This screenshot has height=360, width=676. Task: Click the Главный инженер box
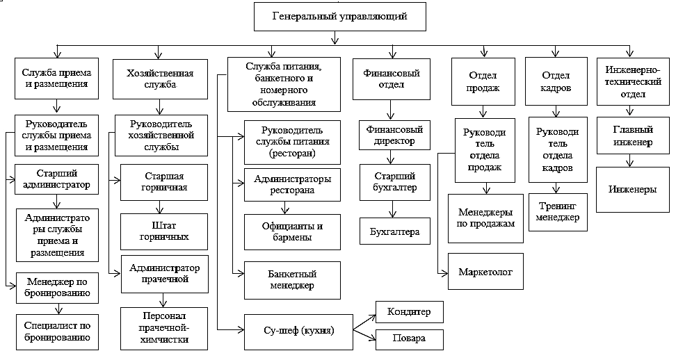point(631,136)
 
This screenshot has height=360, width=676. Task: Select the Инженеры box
point(631,188)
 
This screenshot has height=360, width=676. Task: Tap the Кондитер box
point(410,312)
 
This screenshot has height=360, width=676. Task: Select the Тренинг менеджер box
point(556,213)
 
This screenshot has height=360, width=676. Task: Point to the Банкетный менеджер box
point(291,279)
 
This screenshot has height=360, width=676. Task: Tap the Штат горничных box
point(165,231)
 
